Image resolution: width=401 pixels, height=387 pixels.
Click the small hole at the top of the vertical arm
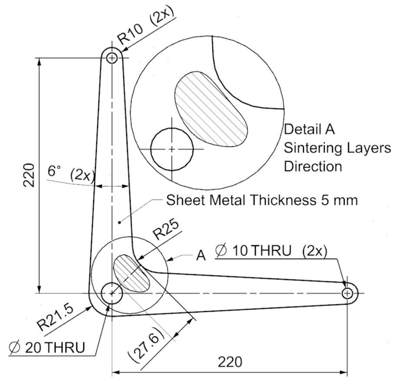click(x=112, y=58)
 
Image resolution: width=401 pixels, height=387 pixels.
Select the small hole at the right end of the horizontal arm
click(x=347, y=293)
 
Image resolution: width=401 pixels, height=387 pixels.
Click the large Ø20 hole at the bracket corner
click(x=112, y=293)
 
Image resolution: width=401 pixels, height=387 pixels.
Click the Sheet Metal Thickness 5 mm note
click(x=261, y=201)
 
